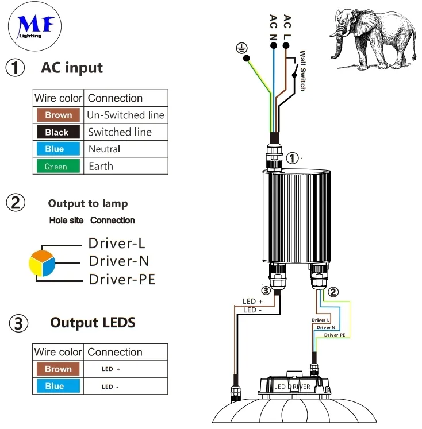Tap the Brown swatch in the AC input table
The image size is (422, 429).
click(x=58, y=115)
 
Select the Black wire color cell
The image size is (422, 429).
click(x=56, y=132)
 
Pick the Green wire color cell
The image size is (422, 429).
click(x=56, y=167)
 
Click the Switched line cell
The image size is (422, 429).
click(x=120, y=132)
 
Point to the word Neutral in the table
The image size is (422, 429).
click(x=105, y=149)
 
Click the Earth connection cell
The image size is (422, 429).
click(x=101, y=167)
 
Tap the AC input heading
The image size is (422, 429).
click(x=72, y=68)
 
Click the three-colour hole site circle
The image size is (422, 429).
click(x=42, y=263)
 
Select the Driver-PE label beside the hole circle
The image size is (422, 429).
click(x=121, y=280)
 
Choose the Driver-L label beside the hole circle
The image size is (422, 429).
click(x=116, y=244)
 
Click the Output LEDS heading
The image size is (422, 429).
click(x=93, y=323)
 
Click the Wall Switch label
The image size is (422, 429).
click(x=302, y=72)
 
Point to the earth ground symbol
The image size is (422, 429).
click(x=240, y=49)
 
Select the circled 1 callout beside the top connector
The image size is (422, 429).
click(x=292, y=159)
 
